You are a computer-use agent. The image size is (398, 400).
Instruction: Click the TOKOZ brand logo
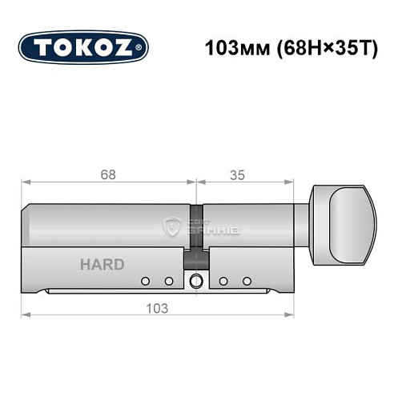pyautogui.click(x=83, y=46)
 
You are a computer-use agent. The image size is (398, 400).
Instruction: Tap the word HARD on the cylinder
pyautogui.click(x=102, y=265)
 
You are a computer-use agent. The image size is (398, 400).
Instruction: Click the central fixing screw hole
pyautogui.click(x=196, y=281)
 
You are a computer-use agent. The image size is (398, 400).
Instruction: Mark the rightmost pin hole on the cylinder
pyautogui.click(x=247, y=281)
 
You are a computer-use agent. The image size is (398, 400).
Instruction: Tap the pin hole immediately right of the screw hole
pyautogui.click(x=223, y=281)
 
